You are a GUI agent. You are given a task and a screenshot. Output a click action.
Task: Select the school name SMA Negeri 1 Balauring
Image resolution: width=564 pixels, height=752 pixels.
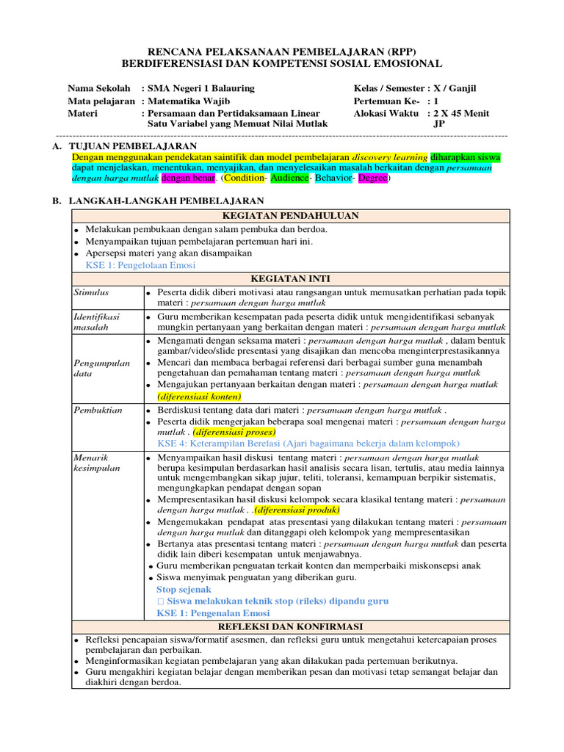(200, 88)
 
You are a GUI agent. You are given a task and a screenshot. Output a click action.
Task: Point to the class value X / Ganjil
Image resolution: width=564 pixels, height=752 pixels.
(455, 88)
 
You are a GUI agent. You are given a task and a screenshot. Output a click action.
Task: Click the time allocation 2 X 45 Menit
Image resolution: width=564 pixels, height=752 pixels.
(461, 113)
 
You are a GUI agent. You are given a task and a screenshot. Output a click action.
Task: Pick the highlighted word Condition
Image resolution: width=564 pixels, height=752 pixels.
(245, 178)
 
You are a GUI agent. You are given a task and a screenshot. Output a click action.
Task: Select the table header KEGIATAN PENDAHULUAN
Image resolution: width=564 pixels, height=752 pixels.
(289, 215)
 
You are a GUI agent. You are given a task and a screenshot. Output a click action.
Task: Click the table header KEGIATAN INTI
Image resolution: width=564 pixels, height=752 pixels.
(289, 278)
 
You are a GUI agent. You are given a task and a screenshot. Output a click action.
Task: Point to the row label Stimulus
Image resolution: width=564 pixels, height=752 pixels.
(91, 292)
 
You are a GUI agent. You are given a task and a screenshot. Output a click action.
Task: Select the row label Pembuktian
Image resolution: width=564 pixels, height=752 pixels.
(97, 409)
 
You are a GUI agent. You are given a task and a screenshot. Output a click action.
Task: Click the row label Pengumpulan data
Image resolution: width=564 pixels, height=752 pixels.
(102, 368)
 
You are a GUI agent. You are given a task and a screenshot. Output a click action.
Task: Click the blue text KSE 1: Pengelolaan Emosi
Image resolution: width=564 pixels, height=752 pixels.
(141, 265)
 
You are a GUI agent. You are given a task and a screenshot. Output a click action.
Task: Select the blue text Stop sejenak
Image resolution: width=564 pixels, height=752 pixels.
(184, 589)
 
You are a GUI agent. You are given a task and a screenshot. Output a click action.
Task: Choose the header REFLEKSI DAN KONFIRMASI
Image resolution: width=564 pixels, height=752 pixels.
(289, 626)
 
